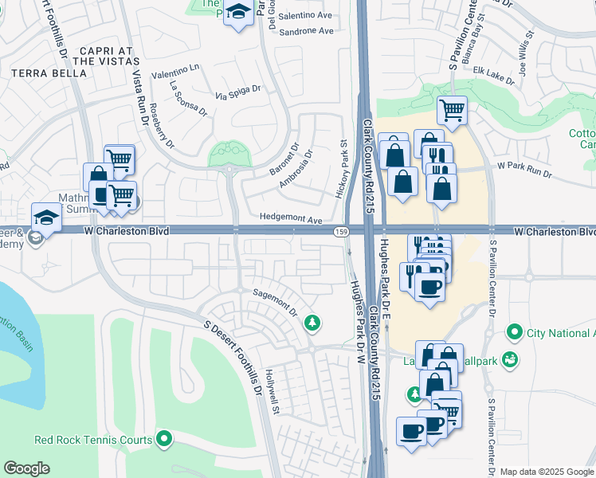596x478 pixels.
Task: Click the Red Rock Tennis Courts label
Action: pyautogui.click(x=93, y=440)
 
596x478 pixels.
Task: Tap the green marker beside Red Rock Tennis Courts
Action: pyautogui.click(x=164, y=439)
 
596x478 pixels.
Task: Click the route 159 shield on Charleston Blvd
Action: pyautogui.click(x=339, y=232)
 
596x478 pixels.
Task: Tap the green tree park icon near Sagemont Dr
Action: pyautogui.click(x=312, y=323)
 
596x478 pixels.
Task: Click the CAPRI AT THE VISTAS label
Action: pyautogui.click(x=101, y=55)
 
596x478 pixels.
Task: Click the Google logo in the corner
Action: pyautogui.click(x=26, y=468)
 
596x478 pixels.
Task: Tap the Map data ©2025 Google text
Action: pyautogui.click(x=547, y=472)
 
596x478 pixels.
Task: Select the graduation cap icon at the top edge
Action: pyautogui.click(x=237, y=13)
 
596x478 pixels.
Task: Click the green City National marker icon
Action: pyautogui.click(x=514, y=331)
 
